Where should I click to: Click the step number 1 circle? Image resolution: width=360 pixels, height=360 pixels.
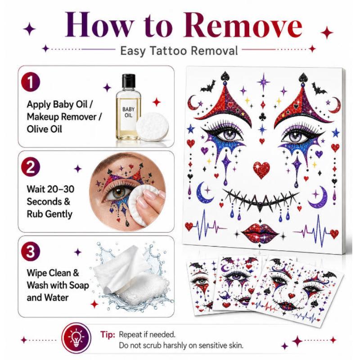[x=31, y=82]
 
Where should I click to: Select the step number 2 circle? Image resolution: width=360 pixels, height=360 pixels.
[x=31, y=167]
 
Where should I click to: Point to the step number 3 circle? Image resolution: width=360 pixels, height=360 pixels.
[x=31, y=252]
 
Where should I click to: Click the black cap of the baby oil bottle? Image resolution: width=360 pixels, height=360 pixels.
[x=129, y=81]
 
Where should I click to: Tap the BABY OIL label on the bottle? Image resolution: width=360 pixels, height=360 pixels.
[x=128, y=112]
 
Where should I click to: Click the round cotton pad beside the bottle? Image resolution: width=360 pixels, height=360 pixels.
[x=152, y=127]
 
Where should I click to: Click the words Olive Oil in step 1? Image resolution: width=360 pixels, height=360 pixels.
[x=44, y=129]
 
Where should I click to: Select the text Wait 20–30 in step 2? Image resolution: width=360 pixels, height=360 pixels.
[x=50, y=189]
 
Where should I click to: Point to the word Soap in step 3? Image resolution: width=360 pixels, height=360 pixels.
[x=79, y=285]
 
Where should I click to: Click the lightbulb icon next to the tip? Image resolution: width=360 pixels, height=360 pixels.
[x=76, y=338]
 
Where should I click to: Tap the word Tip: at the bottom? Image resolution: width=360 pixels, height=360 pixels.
[x=108, y=334]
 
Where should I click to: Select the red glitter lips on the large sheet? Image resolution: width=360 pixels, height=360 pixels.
[x=260, y=233]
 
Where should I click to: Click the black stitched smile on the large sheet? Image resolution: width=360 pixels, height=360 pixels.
[x=261, y=200]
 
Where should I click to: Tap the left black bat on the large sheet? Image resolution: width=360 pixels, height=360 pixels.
[x=208, y=86]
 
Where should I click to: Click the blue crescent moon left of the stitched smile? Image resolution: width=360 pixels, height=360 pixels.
[x=204, y=193]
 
